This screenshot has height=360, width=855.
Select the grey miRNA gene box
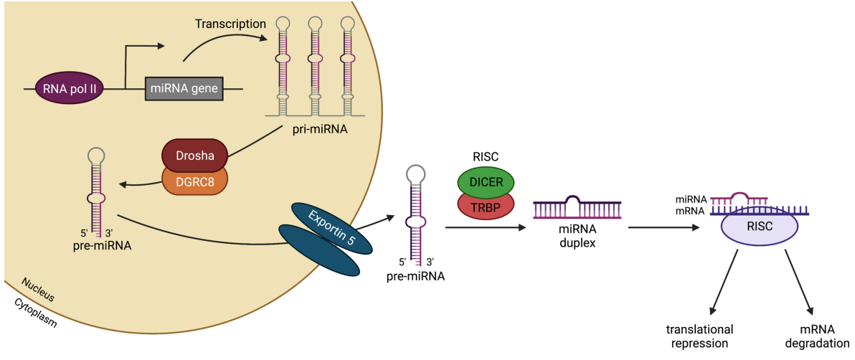click(184, 88)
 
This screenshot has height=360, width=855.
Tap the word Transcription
click(230, 24)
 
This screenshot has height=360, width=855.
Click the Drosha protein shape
click(194, 155)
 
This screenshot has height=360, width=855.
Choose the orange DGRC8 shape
click(194, 180)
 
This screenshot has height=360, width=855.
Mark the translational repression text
click(700, 336)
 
